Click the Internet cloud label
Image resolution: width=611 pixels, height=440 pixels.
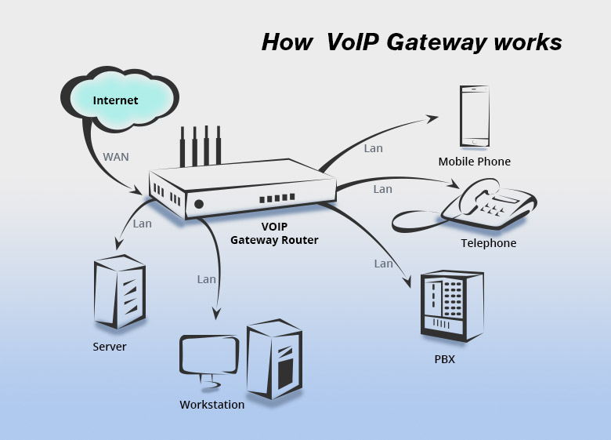(115, 100)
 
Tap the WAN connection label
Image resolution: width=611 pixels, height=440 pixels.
(116, 157)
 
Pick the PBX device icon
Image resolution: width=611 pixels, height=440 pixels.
(452, 307)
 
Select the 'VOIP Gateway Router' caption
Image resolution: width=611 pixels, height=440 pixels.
(274, 233)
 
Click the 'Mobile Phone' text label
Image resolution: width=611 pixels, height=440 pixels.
(474, 162)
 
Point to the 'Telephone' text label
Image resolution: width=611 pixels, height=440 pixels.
(488, 243)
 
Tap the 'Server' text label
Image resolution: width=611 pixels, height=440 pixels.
(109, 346)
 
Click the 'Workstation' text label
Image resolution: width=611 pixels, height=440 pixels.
(211, 405)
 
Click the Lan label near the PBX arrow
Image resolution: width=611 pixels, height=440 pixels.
(383, 264)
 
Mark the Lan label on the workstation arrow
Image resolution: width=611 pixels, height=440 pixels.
(206, 278)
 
